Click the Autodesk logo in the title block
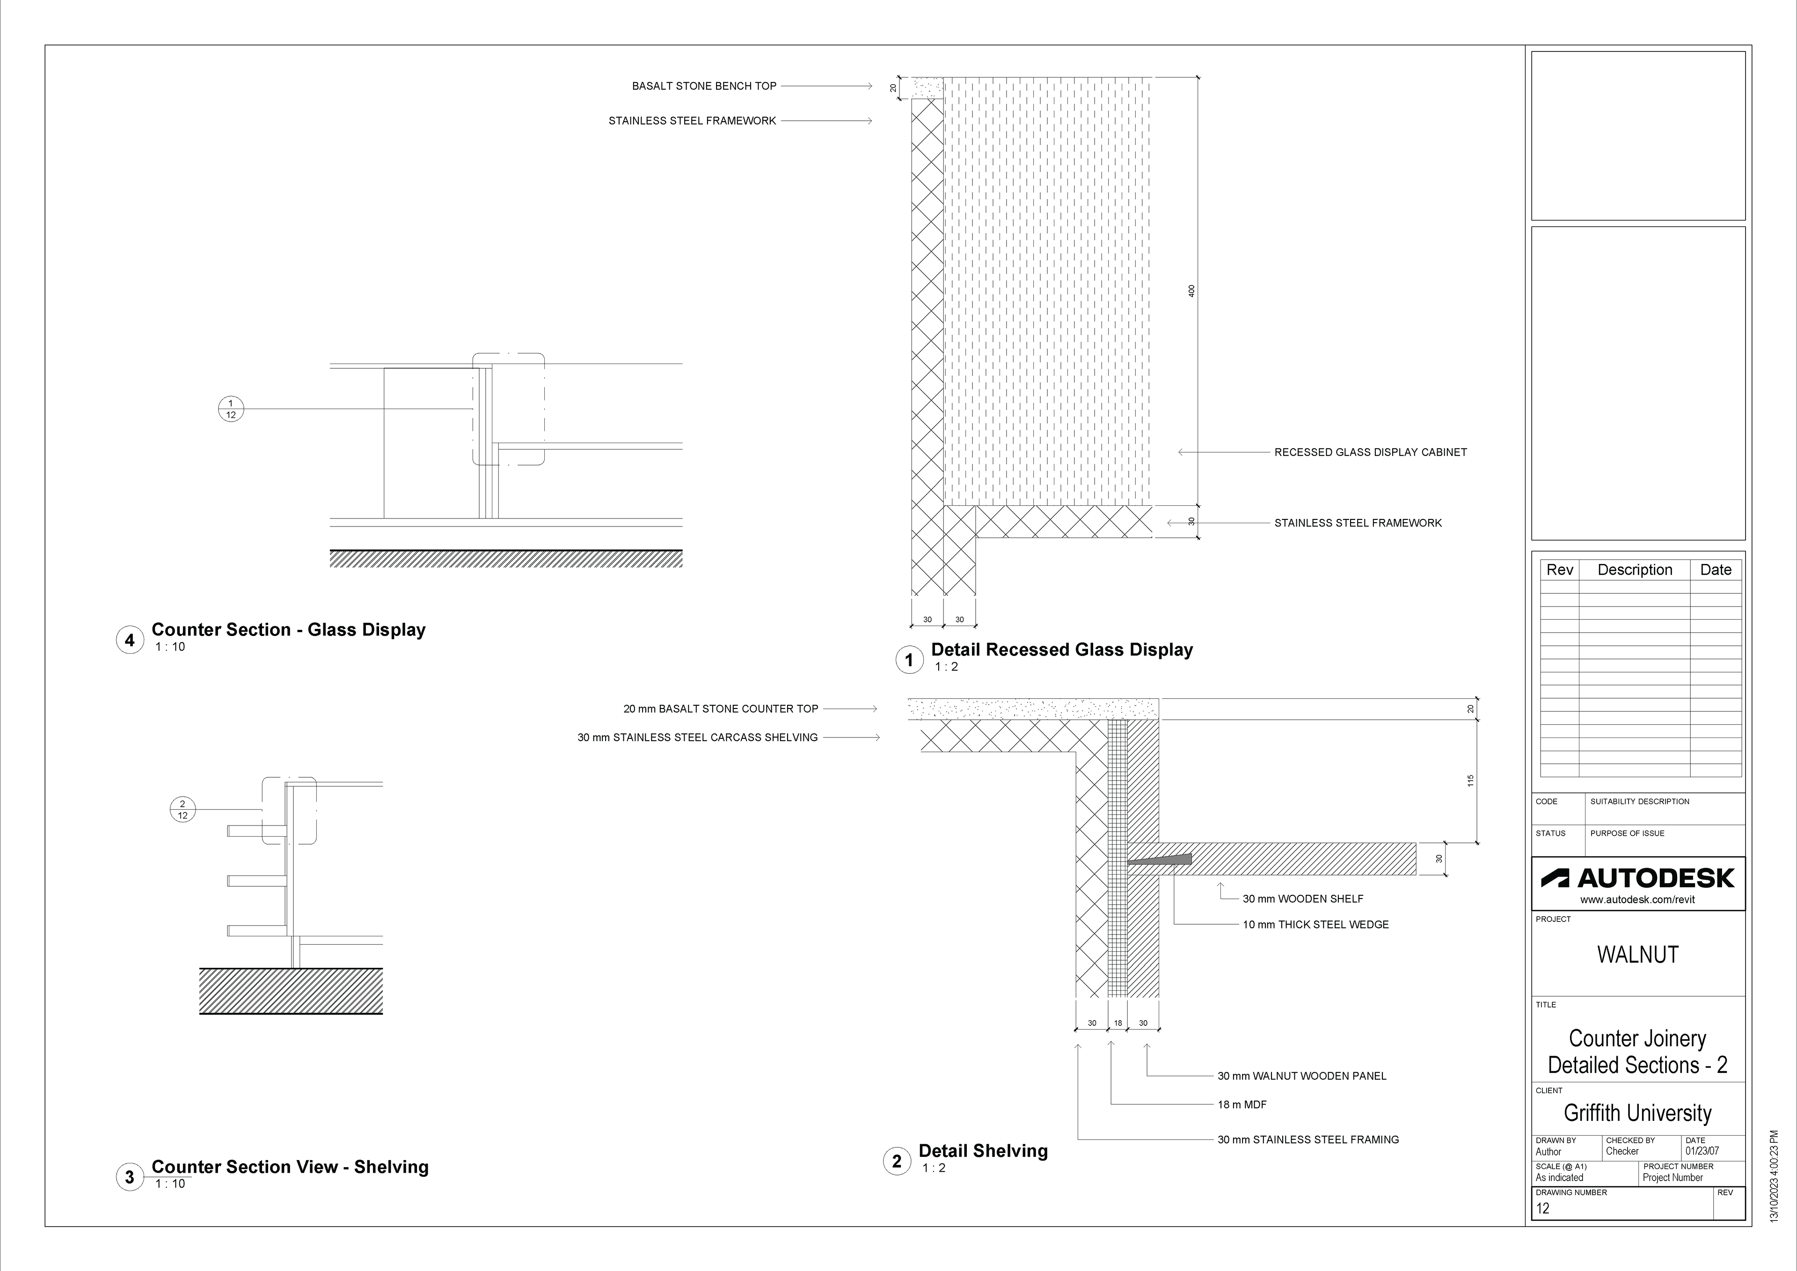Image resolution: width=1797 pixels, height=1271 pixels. click(1637, 878)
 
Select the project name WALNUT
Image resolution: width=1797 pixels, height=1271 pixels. click(1637, 955)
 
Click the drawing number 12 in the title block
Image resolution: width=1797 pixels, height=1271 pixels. click(1542, 1208)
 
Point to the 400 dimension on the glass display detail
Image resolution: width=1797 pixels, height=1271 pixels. click(1192, 290)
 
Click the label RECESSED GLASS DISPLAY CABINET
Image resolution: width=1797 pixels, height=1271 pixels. click(1371, 453)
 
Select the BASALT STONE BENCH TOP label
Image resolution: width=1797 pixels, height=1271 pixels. click(704, 86)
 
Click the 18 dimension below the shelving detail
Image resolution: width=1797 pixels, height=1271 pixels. click(1118, 1023)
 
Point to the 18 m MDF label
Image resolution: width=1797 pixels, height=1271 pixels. click(1242, 1105)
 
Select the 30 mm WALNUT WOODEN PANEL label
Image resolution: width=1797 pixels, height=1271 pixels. click(1301, 1076)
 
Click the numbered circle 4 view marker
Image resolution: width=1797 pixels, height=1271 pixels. click(130, 640)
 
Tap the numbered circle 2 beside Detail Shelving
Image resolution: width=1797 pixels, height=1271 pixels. click(897, 1161)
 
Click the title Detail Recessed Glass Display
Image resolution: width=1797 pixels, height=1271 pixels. click(1061, 650)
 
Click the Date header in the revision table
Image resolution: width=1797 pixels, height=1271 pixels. click(1716, 570)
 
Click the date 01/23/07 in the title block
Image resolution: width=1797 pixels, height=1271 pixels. click(1702, 1151)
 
